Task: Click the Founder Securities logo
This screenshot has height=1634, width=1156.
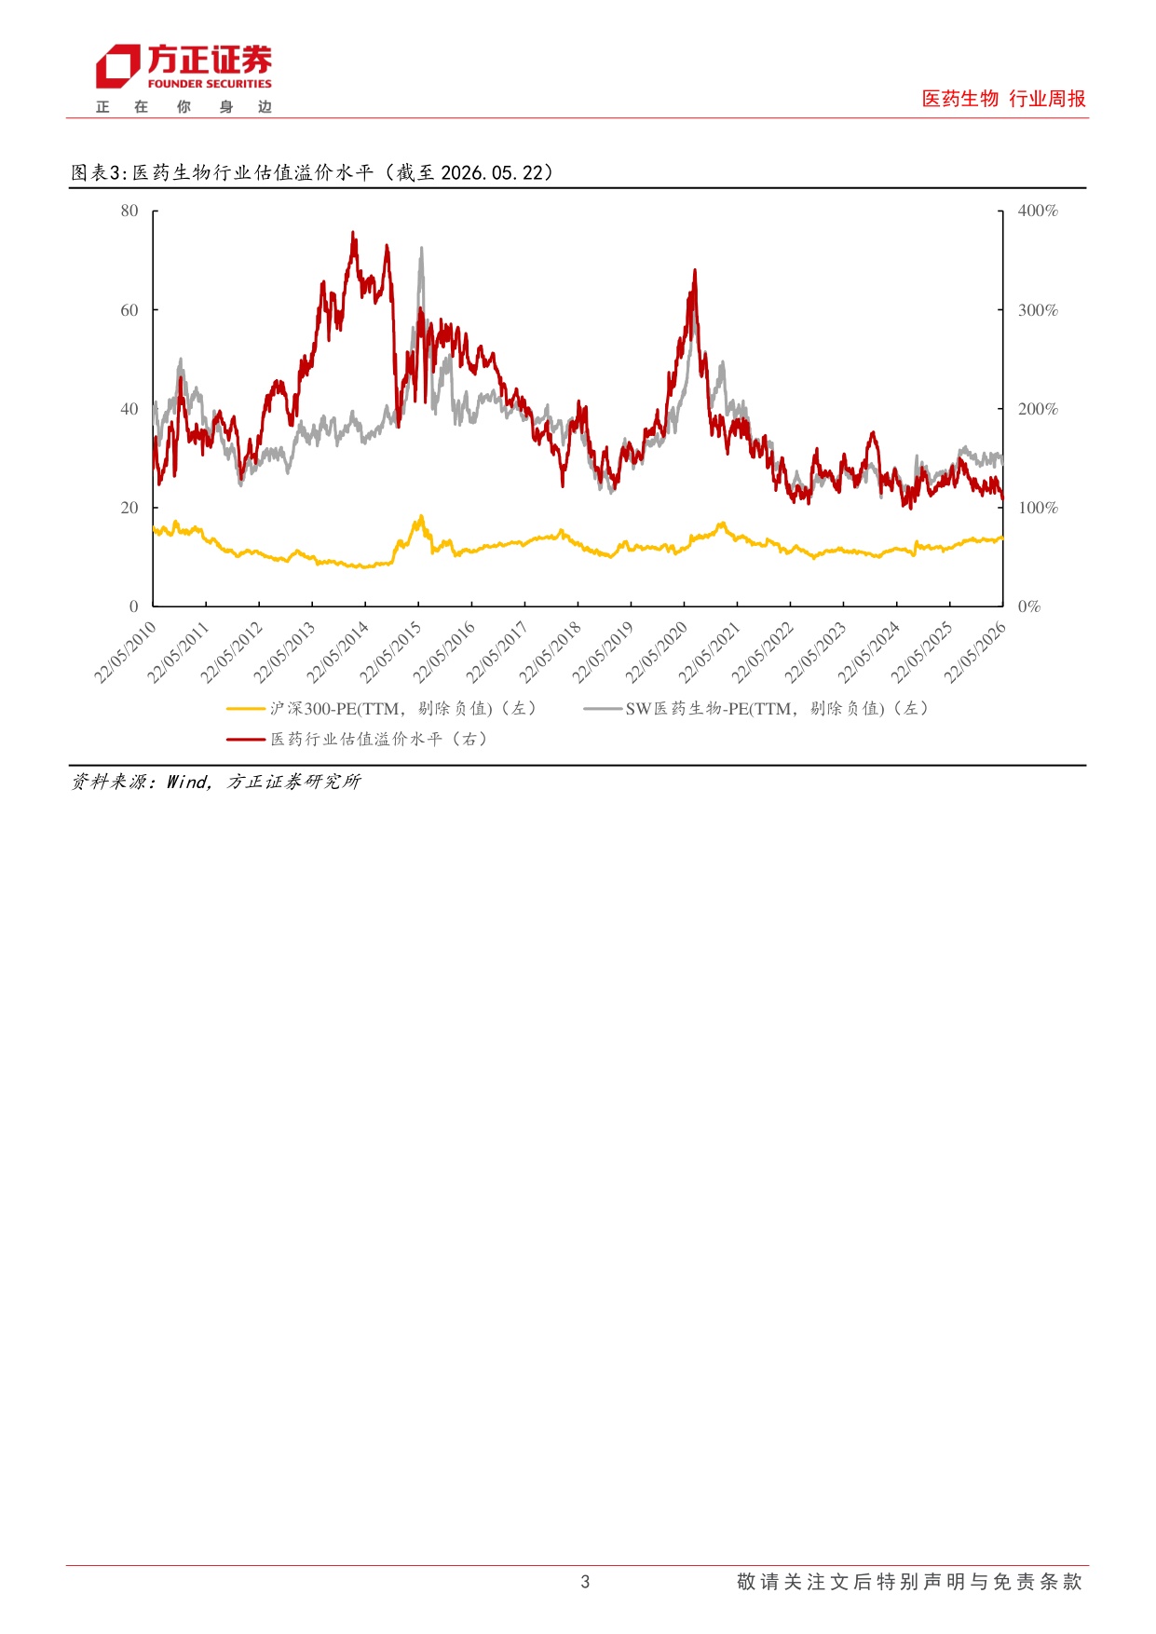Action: (184, 78)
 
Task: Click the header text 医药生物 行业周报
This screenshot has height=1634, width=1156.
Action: (1003, 99)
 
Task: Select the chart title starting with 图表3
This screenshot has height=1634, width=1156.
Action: (313, 172)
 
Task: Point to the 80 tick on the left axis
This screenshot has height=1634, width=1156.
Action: (129, 211)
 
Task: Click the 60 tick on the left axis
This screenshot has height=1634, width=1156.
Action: (129, 309)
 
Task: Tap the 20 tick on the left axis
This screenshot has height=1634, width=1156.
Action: (129, 507)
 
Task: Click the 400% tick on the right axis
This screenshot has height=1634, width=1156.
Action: (1038, 211)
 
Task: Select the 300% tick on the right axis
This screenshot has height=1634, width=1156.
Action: (1038, 309)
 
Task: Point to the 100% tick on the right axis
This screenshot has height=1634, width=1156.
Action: (1038, 507)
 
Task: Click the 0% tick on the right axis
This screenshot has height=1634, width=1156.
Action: (1029, 606)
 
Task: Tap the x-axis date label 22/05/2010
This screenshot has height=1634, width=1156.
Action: (125, 652)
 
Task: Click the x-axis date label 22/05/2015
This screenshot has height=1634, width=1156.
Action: (390, 652)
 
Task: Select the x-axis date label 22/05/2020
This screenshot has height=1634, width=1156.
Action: (656, 652)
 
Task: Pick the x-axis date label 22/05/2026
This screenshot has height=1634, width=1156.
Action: (975, 652)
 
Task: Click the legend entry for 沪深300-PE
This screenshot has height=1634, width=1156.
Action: (382, 709)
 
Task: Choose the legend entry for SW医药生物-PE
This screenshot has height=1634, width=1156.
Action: (756, 709)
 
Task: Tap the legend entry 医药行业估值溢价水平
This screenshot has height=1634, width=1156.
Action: (358, 740)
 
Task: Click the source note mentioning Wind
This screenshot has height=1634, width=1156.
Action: (216, 782)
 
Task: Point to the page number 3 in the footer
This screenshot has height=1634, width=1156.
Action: (585, 1581)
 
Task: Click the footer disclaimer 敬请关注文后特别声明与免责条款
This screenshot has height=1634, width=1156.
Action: (909, 1581)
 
